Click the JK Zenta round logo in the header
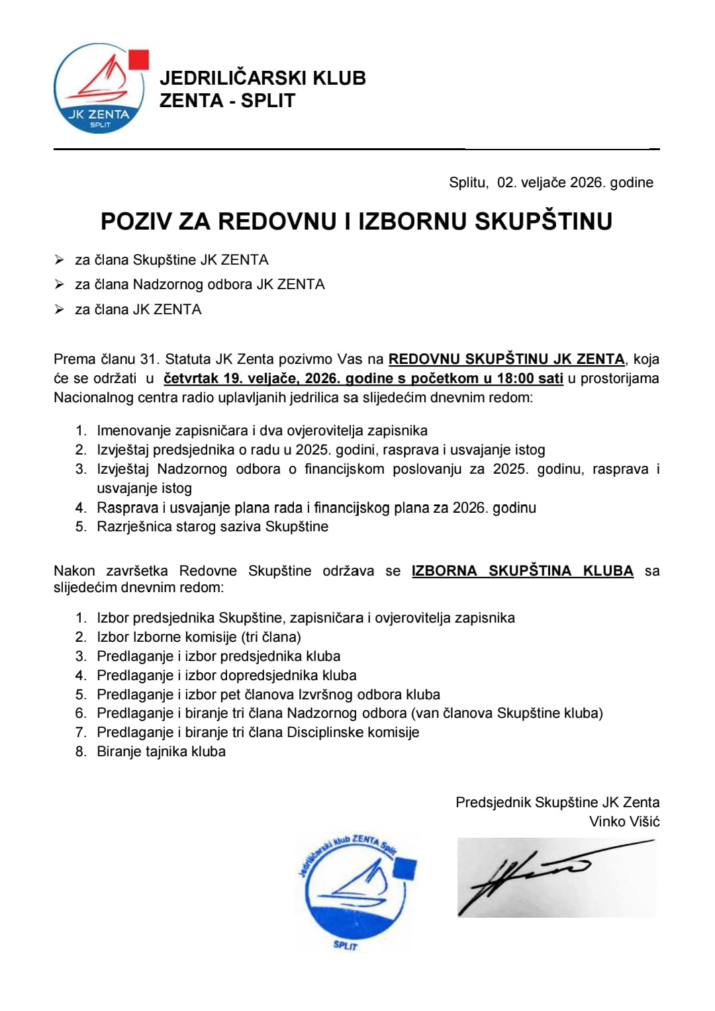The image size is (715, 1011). (99, 89)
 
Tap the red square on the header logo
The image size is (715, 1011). (138, 59)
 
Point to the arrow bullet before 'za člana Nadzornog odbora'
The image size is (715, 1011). (60, 285)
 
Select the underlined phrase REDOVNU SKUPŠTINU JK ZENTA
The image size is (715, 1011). (506, 359)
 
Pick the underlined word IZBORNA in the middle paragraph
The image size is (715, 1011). (444, 571)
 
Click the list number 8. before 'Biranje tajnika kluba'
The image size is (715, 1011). (81, 752)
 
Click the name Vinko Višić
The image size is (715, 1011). (624, 822)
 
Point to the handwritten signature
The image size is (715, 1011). (530, 877)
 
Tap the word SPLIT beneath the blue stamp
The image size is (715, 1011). (346, 945)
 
